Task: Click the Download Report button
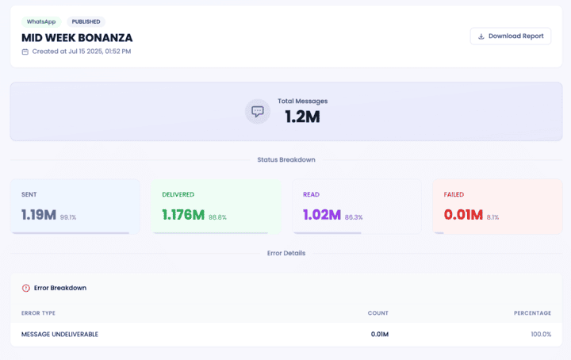[x=510, y=36]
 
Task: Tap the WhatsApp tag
[x=40, y=21]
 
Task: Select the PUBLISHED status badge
[x=86, y=21]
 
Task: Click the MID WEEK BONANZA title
[x=77, y=37]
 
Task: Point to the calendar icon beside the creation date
[x=25, y=52]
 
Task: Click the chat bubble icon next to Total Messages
[x=258, y=111]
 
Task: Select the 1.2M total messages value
[x=302, y=117]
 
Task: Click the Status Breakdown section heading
[x=285, y=159]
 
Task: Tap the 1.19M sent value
[x=39, y=215]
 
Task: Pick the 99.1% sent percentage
[x=68, y=217]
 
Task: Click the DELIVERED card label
[x=178, y=194]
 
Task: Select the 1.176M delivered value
[x=183, y=215]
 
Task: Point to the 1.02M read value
[x=322, y=215]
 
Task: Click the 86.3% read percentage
[x=354, y=217]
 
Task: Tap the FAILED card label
[x=454, y=194]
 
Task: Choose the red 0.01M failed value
[x=464, y=215]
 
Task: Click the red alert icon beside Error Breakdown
[x=25, y=288]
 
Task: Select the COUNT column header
[x=377, y=313]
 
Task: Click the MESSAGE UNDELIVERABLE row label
[x=59, y=334]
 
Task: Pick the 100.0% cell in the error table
[x=541, y=334]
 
